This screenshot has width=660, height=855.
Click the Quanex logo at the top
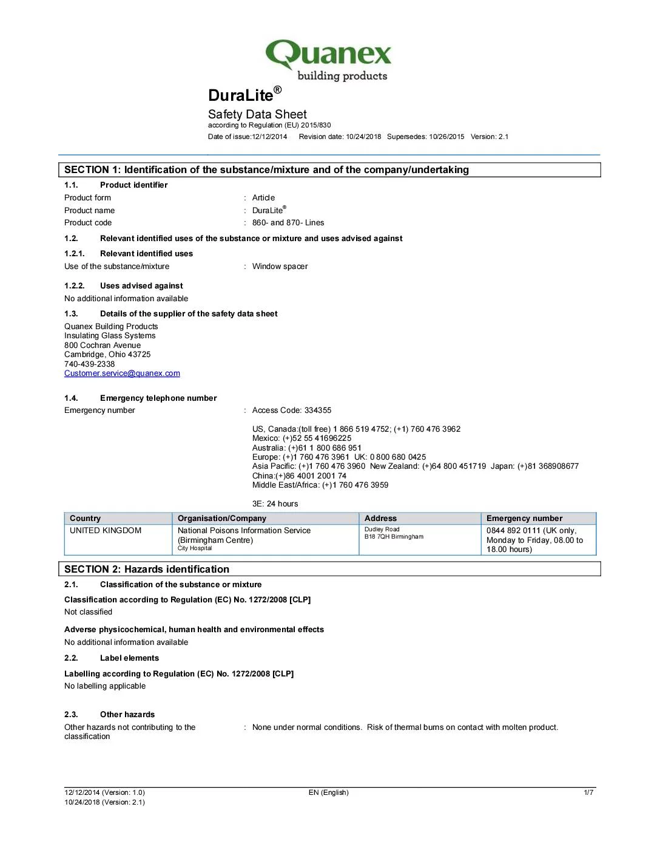click(328, 60)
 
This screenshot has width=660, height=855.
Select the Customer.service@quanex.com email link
click(122, 373)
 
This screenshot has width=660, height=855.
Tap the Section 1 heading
click(266, 170)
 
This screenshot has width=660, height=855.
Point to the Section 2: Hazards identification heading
click(147, 570)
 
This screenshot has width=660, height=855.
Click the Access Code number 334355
click(318, 410)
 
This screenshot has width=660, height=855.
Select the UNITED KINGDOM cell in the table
click(106, 531)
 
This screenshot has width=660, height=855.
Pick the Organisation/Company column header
click(222, 519)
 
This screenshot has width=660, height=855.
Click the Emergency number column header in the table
click(524, 519)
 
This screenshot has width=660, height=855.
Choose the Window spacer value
click(280, 267)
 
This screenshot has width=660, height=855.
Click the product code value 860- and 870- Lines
click(288, 223)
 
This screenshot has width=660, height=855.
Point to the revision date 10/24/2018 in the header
click(363, 137)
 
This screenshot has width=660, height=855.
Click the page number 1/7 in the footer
click(588, 792)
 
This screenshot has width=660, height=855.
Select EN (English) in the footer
click(328, 792)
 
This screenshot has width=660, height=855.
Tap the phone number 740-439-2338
click(90, 364)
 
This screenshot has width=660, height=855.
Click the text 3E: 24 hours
click(275, 504)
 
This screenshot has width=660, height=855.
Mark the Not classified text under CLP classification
click(89, 612)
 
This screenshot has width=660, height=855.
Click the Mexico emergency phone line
click(301, 438)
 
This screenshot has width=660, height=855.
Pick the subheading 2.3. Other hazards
click(110, 715)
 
